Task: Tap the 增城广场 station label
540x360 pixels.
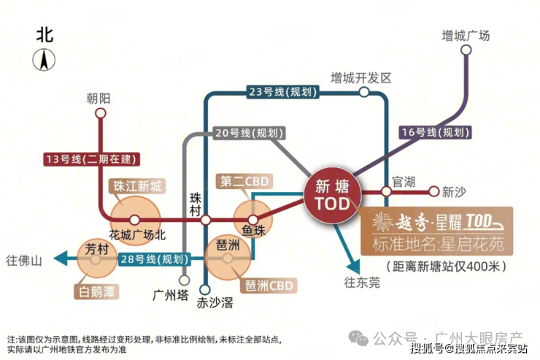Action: pyautogui.click(x=466, y=36)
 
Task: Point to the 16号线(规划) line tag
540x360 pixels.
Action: pyautogui.click(x=436, y=132)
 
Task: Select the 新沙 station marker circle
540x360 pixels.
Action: pyautogui.click(x=433, y=192)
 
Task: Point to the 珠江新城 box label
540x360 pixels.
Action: pyautogui.click(x=139, y=187)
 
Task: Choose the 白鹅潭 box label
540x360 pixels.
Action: pyautogui.click(x=99, y=293)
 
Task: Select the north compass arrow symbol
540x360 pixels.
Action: pyautogui.click(x=45, y=61)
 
